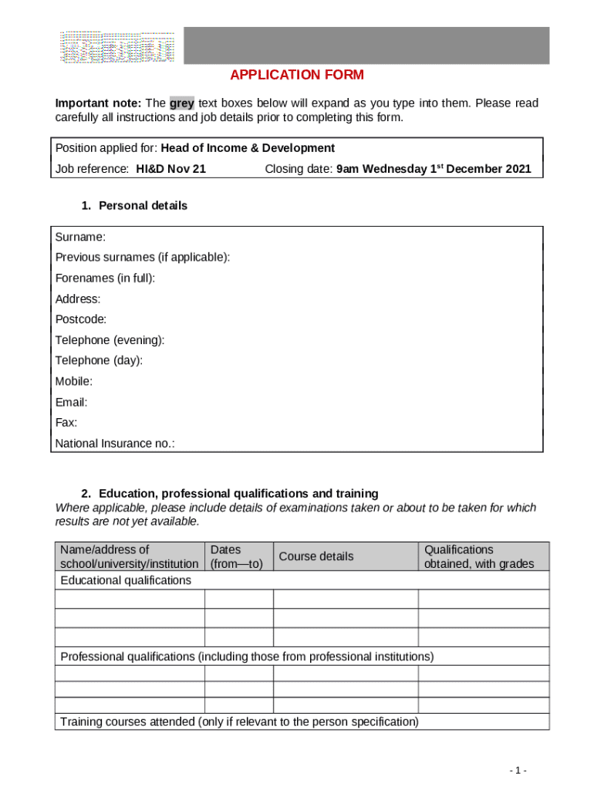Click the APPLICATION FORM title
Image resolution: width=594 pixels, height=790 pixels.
pos(297,75)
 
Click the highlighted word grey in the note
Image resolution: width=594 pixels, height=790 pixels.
pos(182,103)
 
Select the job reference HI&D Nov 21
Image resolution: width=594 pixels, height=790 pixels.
pos(170,169)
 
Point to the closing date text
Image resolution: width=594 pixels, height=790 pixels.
pos(397,169)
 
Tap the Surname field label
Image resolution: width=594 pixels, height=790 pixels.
pos(80,236)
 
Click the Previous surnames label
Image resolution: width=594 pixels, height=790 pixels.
pos(143,257)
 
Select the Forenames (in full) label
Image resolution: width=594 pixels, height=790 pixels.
pos(105,278)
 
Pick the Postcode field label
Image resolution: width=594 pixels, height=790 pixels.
pos(81,319)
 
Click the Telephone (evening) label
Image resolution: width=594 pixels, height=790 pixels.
pos(110,339)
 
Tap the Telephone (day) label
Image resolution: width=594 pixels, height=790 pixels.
pos(99,360)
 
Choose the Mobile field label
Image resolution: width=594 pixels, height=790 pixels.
pos(74,381)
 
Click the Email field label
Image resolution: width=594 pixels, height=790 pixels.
pos(71,402)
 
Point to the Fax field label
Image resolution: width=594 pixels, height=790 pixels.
pos(66,423)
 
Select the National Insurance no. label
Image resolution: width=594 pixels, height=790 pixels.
pos(115,444)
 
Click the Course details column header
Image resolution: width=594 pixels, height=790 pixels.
pos(316,556)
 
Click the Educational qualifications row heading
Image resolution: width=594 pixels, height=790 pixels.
pos(126,580)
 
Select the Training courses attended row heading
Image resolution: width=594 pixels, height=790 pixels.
pos(239,722)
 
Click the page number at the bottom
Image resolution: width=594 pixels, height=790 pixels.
pos(518,770)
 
